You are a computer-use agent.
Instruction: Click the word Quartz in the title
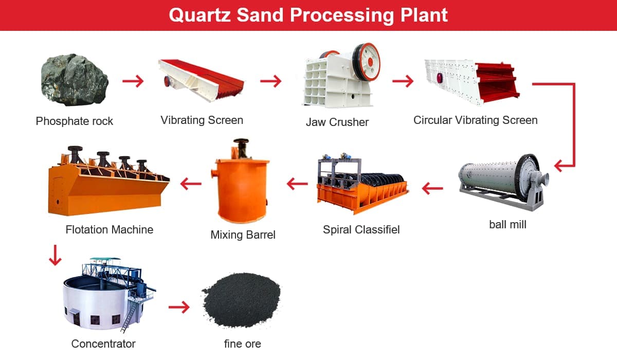pyautogui.click(x=199, y=15)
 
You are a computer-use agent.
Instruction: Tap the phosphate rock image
pyautogui.click(x=75, y=80)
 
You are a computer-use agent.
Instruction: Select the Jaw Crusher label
pyautogui.click(x=337, y=122)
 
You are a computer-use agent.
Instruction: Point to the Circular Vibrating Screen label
pyautogui.click(x=476, y=120)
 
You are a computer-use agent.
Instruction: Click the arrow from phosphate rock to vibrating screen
pyautogui.click(x=133, y=81)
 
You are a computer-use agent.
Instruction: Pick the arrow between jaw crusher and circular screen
pyautogui.click(x=403, y=81)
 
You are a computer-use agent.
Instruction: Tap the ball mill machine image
pyautogui.click(x=503, y=183)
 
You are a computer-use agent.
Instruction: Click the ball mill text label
pyautogui.click(x=507, y=224)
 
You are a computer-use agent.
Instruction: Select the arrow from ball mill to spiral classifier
pyautogui.click(x=432, y=188)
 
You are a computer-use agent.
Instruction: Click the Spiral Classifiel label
pyautogui.click(x=361, y=229)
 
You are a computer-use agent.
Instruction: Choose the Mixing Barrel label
pyautogui.click(x=243, y=235)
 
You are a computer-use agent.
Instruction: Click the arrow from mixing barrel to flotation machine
pyautogui.click(x=191, y=184)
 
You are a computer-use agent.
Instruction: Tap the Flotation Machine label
pyautogui.click(x=110, y=229)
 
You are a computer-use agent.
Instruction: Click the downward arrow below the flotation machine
pyautogui.click(x=55, y=255)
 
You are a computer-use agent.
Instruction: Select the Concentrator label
pyautogui.click(x=103, y=344)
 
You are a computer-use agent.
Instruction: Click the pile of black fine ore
pyautogui.click(x=241, y=300)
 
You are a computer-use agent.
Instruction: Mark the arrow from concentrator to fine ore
pyautogui.click(x=179, y=307)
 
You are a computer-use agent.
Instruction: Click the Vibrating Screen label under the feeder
pyautogui.click(x=202, y=120)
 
